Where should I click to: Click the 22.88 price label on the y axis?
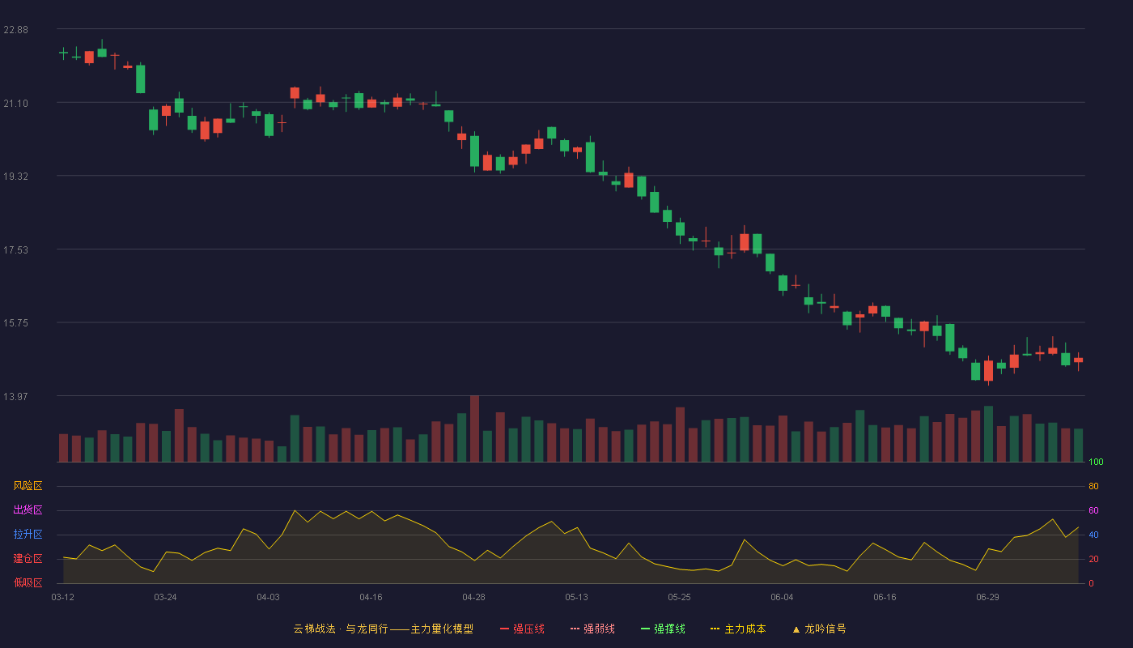coord(15,30)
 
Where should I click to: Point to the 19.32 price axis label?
coord(15,177)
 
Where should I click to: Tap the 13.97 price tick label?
coord(15,396)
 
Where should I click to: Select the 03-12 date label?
coord(63,598)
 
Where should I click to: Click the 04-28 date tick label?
coord(473,598)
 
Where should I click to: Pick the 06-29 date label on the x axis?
coord(987,598)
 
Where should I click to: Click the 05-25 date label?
coord(679,598)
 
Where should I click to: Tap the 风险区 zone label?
coord(28,486)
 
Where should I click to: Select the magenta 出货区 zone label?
coord(28,509)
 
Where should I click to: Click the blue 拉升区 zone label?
coord(28,534)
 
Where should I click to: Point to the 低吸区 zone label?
coord(28,582)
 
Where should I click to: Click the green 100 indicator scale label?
coord(1096,462)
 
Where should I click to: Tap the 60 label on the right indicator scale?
coord(1093,510)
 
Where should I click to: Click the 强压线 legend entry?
coord(522,629)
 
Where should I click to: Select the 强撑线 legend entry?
coord(663,629)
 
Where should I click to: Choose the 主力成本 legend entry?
coord(738,629)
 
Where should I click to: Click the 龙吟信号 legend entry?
coord(819,629)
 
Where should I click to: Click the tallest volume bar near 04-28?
coord(474,428)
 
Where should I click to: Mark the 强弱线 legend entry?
coord(592,629)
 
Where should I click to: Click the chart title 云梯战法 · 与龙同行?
coord(341,629)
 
